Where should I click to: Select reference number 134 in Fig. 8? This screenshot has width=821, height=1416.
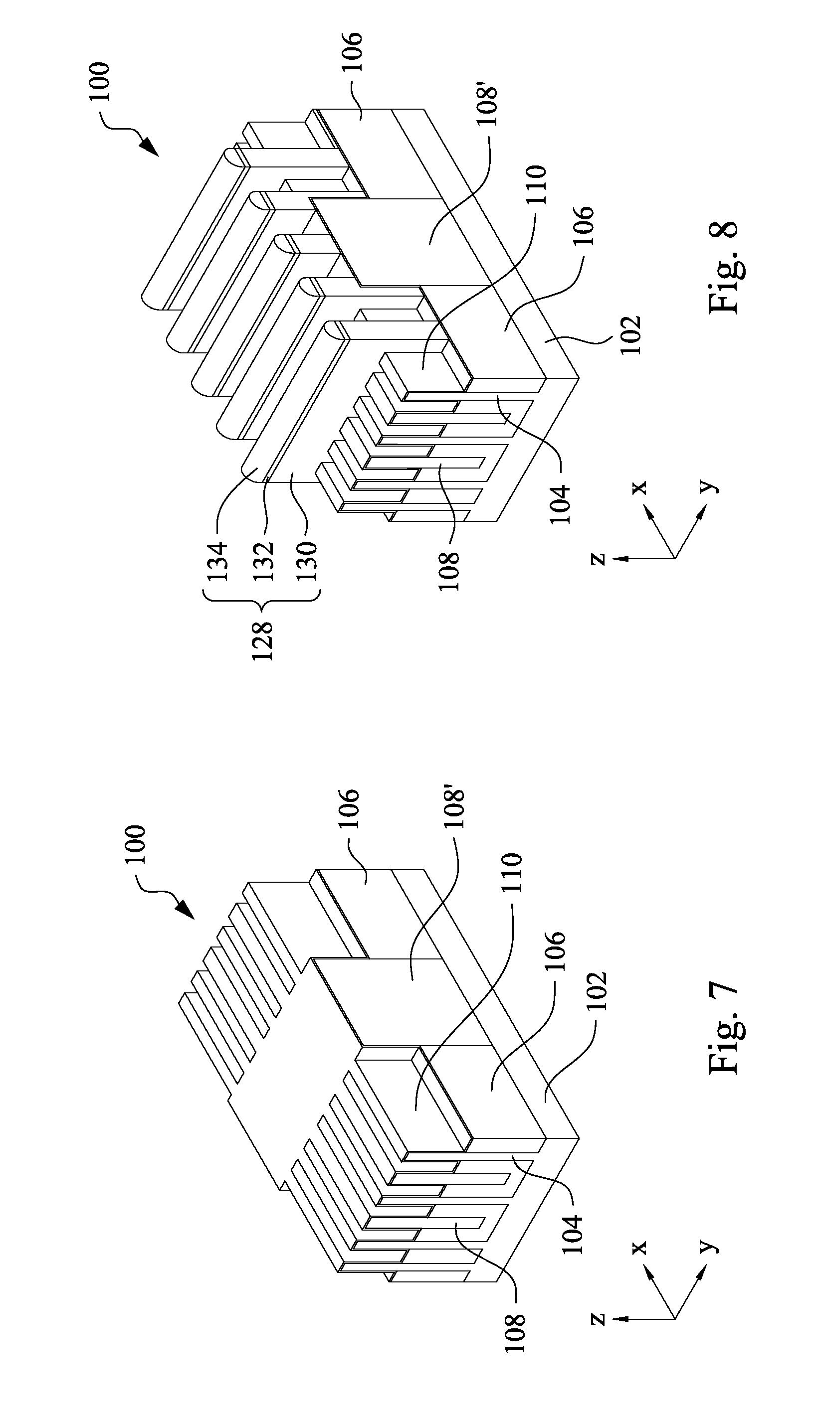[x=218, y=561]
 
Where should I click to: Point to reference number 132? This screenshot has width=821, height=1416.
[x=262, y=561]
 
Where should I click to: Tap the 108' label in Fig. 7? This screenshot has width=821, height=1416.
[x=453, y=809]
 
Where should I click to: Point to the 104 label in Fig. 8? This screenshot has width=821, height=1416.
[x=560, y=504]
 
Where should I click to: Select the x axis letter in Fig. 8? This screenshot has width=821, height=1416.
[x=639, y=486]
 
